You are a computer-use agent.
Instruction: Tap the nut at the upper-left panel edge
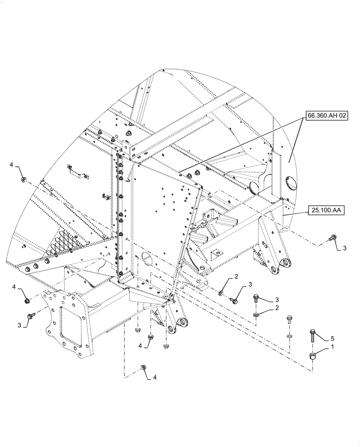(x=23, y=180)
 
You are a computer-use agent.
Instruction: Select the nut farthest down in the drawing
(x=144, y=367)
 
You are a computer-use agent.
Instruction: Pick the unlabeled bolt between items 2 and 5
(x=289, y=320)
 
